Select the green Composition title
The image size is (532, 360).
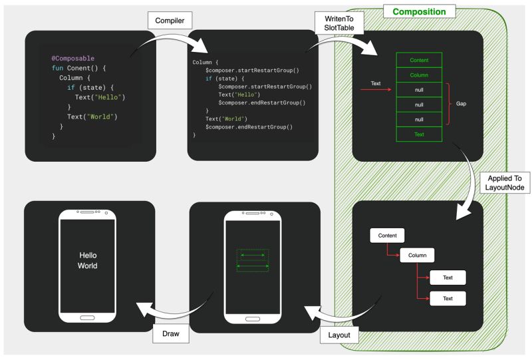tap(418, 11)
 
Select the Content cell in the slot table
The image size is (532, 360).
tap(420, 60)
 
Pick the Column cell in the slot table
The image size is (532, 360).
tap(420, 75)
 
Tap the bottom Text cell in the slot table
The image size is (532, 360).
tap(420, 134)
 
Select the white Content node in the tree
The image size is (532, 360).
tap(387, 236)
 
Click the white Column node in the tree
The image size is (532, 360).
tap(417, 255)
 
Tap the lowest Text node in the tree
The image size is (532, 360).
tap(448, 298)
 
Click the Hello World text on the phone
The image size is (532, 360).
tap(88, 260)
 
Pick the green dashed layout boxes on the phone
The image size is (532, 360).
tap(253, 260)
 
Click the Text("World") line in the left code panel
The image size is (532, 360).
tap(87, 117)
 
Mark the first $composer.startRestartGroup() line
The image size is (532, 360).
tap(252, 71)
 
